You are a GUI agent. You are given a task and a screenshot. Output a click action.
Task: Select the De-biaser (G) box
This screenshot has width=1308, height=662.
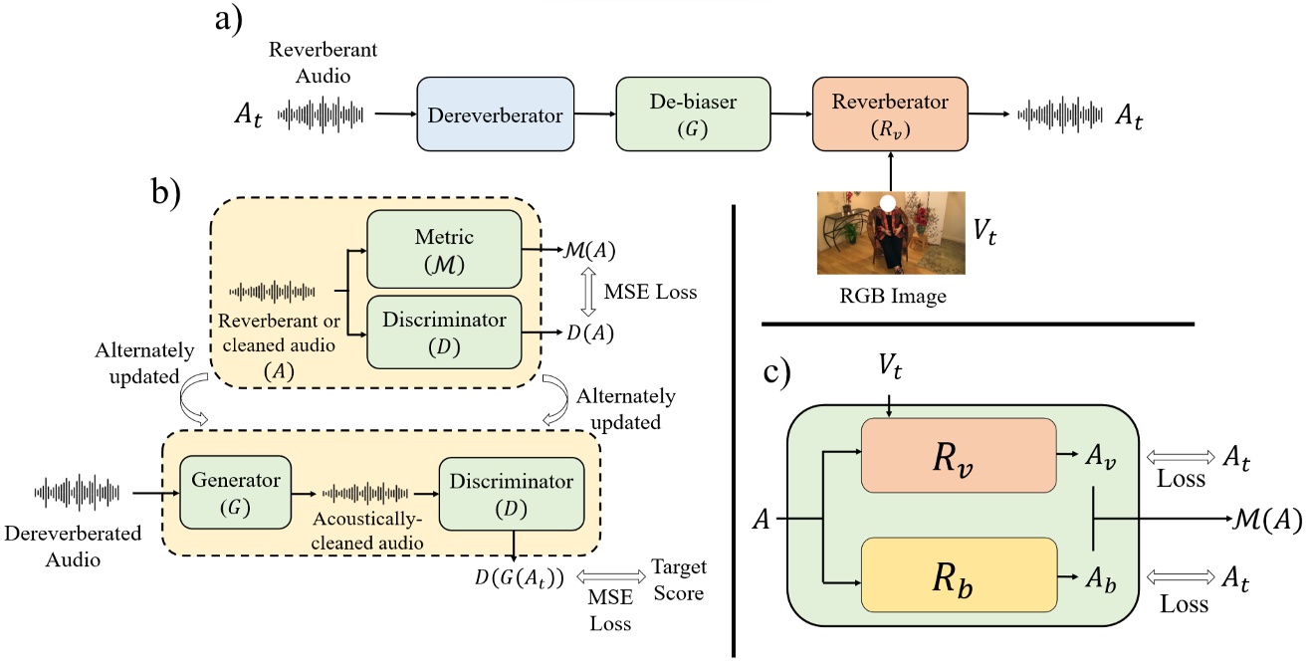[682, 114]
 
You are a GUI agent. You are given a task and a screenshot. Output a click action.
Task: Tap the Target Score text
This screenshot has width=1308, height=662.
[678, 580]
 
